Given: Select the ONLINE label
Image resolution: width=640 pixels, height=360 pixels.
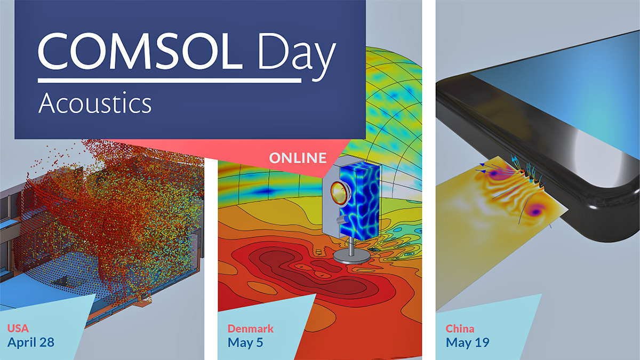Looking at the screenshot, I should point(298,158).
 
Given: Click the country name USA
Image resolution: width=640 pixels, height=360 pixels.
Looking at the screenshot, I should point(18,327).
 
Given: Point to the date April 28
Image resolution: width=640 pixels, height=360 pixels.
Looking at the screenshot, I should point(31,342).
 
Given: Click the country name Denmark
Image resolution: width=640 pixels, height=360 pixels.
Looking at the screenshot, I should point(251,328).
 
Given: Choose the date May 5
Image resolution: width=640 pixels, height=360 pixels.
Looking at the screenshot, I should point(245,342).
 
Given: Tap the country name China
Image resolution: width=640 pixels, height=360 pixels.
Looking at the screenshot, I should point(460,329).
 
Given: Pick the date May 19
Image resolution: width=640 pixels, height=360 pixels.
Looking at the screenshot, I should point(468,342).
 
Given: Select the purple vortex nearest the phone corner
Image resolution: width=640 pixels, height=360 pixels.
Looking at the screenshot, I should point(536,211).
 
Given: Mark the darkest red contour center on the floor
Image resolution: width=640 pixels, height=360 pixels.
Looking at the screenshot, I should point(299,267).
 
